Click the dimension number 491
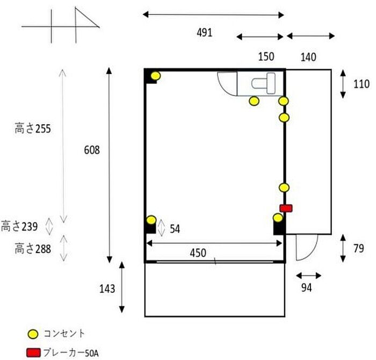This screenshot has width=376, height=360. pyautogui.click(x=205, y=33)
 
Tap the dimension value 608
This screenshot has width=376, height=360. pyautogui.click(x=92, y=150)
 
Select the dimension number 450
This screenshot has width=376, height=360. pyautogui.click(x=198, y=253)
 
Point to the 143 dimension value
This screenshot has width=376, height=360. pyautogui.click(x=107, y=289)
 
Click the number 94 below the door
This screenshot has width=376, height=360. pyautogui.click(x=307, y=287)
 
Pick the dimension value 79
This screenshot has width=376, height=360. pyautogui.click(x=359, y=248)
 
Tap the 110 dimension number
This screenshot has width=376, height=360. pyautogui.click(x=361, y=84)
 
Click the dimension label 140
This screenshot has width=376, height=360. pyautogui.click(x=308, y=57)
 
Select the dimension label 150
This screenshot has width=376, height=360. pyautogui.click(x=266, y=57)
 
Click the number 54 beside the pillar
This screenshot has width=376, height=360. pyautogui.click(x=175, y=229)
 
